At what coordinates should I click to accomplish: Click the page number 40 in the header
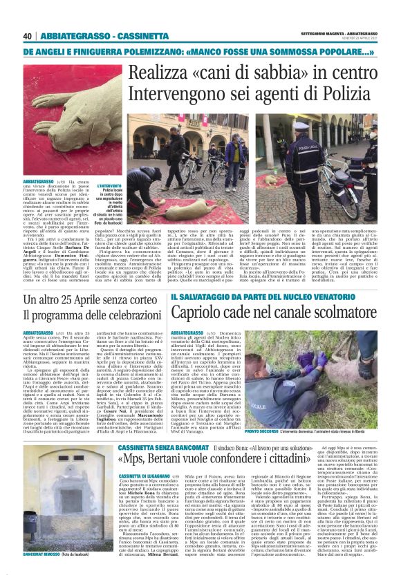coord(28,36)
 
